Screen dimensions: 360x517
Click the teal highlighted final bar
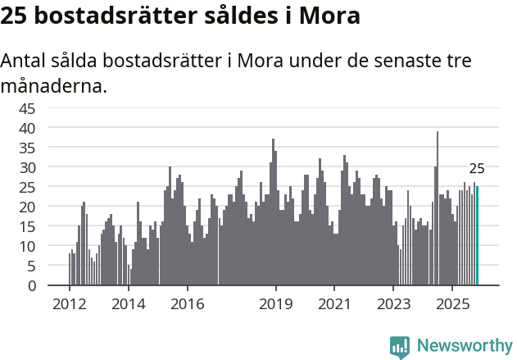pos(477,236)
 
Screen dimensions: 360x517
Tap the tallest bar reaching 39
pos(438,208)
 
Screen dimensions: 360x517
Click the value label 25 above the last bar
pos(477,169)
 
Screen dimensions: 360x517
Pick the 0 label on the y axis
pos(32,286)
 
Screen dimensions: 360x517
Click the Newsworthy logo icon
pos(400,346)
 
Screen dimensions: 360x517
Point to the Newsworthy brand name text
pos(465,346)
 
